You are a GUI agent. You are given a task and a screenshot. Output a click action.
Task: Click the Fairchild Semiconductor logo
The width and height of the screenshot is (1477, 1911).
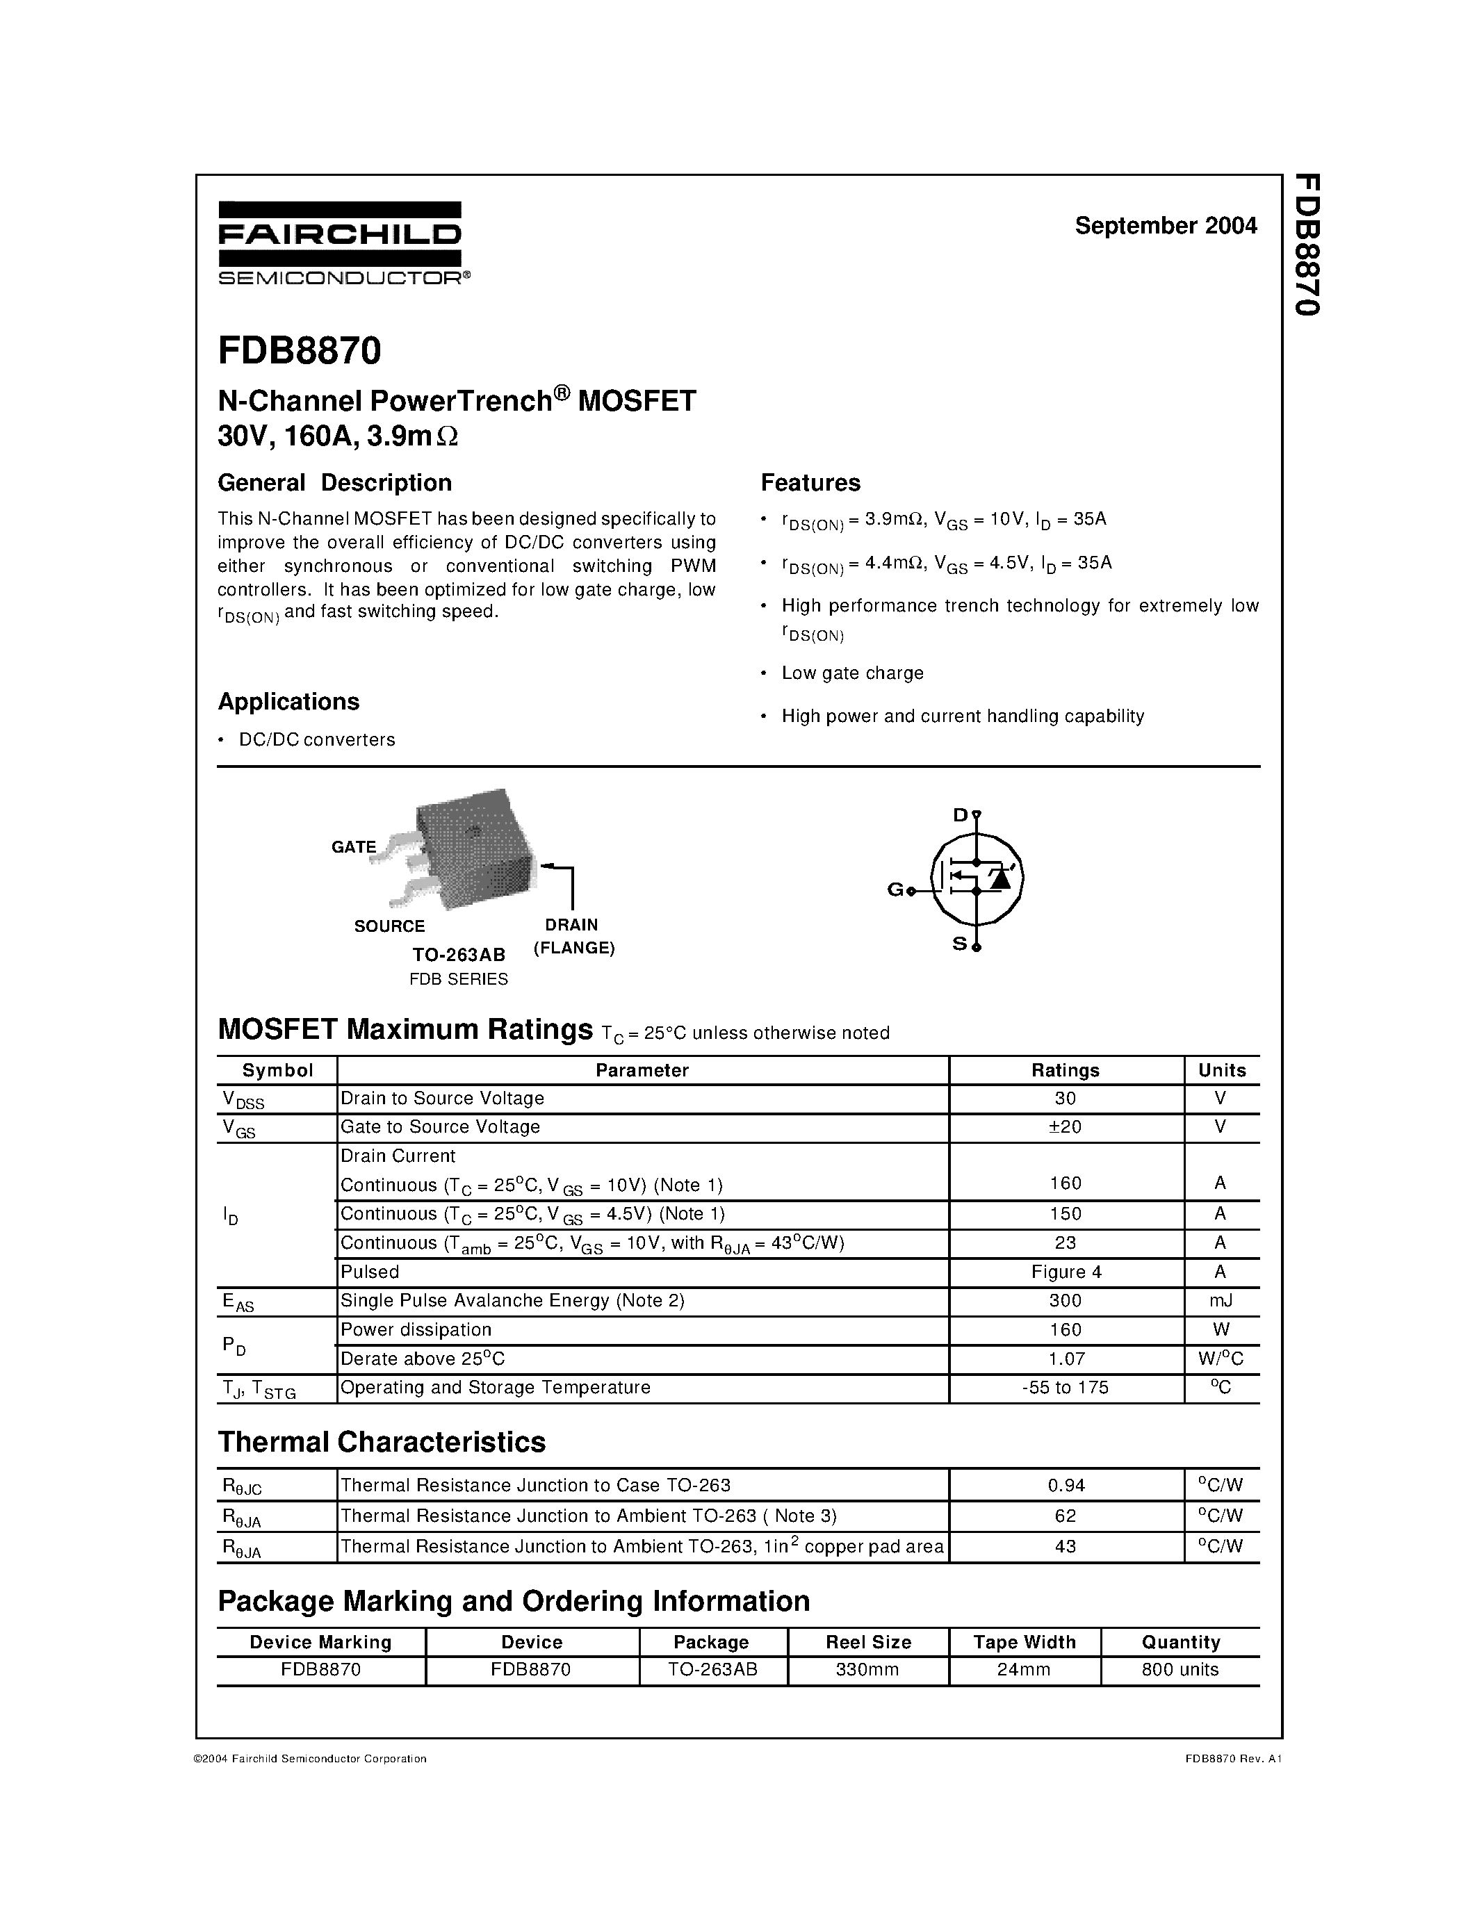coord(341,243)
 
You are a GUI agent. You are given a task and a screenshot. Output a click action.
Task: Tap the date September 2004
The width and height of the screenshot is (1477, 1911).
coord(1166,226)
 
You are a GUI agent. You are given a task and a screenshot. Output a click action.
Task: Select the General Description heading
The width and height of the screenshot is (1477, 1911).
coord(334,483)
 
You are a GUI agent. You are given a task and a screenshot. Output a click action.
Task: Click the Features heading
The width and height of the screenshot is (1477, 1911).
coord(810,483)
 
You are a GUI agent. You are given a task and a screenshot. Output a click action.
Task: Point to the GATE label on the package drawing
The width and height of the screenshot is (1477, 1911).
coord(354,847)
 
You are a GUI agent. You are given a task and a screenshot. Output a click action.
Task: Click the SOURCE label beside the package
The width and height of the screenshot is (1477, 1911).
coord(389,926)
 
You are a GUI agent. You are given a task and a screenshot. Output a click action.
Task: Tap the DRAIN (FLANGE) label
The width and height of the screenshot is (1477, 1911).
coord(573,936)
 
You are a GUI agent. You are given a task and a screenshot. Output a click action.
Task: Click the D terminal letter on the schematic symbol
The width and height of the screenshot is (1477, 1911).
coord(960,816)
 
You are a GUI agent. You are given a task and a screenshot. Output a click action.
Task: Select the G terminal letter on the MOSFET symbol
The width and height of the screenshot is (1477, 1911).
coord(895,890)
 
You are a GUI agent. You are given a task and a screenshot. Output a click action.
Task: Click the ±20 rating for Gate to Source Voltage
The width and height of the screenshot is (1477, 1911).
coord(1065,1127)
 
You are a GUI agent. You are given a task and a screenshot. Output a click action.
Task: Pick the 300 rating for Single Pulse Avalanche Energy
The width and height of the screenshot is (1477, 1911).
coord(1065,1301)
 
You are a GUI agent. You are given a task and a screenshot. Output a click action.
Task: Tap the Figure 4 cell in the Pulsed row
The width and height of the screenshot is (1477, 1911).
coord(1066,1272)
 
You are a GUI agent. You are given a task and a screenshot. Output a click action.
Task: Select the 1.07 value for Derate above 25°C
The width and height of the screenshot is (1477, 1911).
coord(1066,1359)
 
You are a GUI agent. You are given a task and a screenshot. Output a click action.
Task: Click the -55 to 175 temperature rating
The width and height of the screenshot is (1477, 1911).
coord(1065,1388)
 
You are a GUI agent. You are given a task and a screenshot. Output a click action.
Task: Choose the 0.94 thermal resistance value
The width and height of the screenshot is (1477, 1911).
coord(1066,1485)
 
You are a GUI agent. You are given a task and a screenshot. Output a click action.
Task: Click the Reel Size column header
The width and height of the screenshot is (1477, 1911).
coord(868,1642)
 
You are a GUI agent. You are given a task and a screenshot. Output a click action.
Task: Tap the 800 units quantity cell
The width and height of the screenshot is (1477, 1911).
coord(1180,1669)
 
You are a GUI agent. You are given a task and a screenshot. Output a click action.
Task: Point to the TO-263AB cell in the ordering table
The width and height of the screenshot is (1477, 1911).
coord(712,1669)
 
